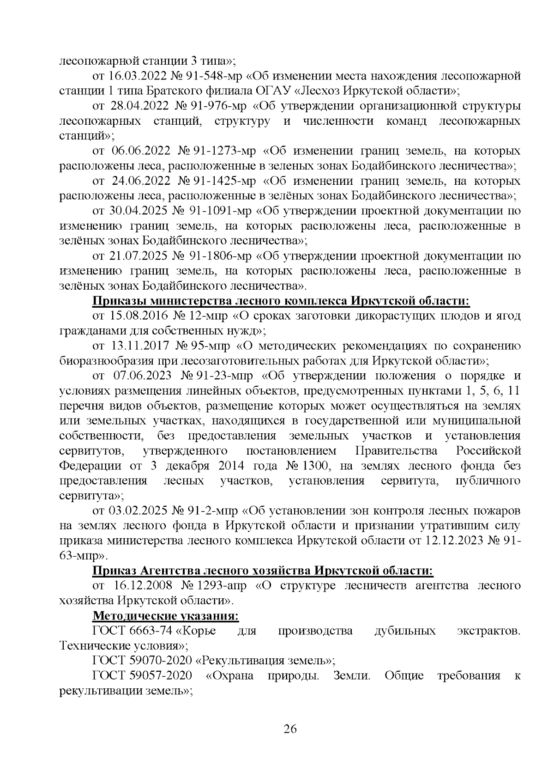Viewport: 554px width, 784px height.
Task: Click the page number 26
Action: click(x=290, y=729)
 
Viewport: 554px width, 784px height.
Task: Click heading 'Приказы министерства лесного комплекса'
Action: click(x=281, y=301)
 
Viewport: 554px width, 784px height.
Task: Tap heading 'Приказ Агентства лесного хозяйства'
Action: click(x=263, y=571)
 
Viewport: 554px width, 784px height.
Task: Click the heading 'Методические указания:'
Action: click(x=166, y=616)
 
